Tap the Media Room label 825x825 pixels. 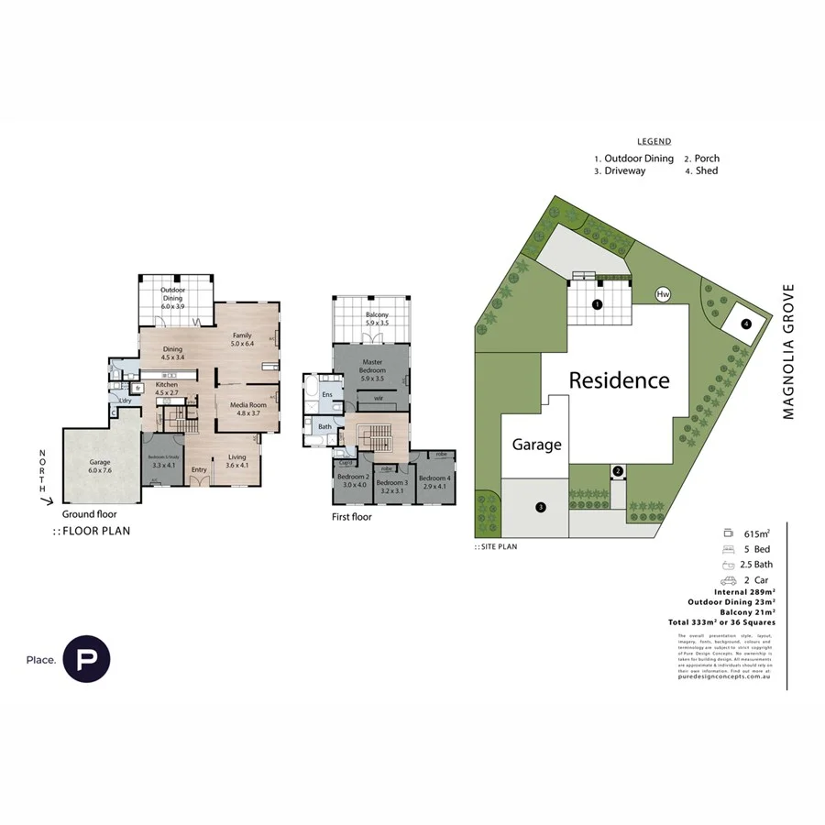(236, 408)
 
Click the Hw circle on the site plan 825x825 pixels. (663, 294)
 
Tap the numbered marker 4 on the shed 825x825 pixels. (746, 324)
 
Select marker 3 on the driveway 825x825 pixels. (541, 507)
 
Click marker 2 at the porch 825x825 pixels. (618, 471)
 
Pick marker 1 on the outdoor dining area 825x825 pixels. (597, 303)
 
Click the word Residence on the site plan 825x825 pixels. (619, 379)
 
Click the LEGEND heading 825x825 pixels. (654, 141)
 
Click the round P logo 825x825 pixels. (86, 659)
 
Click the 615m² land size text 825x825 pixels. (755, 533)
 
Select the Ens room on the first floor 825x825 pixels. (327, 394)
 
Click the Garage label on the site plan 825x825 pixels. (536, 444)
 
